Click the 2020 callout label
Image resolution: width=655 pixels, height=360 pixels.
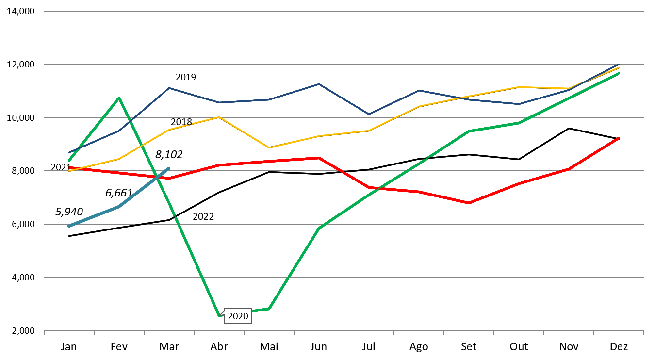point(238,316)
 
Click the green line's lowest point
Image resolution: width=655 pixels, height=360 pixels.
point(219,316)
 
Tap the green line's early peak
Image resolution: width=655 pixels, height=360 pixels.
point(119,98)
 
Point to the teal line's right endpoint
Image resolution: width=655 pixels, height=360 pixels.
point(169,168)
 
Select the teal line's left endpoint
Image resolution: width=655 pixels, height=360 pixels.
point(69,226)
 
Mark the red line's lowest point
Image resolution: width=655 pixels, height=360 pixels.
point(469,203)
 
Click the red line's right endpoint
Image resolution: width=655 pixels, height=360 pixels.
point(619,138)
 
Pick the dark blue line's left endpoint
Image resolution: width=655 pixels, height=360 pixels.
point(69,152)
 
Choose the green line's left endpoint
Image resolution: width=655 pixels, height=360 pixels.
point(69,160)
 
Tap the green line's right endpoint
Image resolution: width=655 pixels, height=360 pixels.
point(619,73)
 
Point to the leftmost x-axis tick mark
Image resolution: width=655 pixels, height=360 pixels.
point(44,333)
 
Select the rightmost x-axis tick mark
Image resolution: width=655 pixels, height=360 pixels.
point(643,333)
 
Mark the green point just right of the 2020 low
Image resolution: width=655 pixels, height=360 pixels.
point(269,309)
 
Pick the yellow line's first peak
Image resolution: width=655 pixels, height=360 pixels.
point(219,117)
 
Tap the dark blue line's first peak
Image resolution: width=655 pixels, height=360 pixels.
point(169,88)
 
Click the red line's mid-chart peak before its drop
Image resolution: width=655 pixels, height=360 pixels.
point(319,158)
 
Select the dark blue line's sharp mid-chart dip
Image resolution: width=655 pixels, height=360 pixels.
point(369,114)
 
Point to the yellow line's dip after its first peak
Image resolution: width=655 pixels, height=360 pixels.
point(269,147)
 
